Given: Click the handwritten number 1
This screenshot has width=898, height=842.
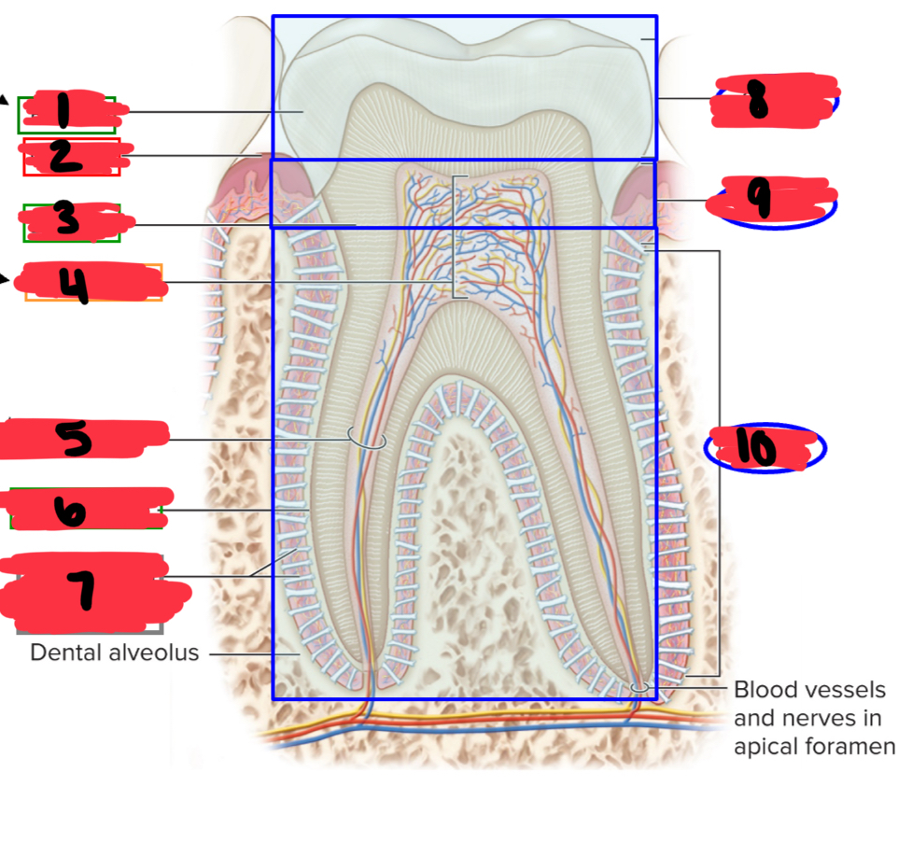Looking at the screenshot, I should click(63, 112).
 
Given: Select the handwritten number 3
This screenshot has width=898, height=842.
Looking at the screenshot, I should click(65, 221).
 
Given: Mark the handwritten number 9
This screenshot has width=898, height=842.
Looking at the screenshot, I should click(764, 199).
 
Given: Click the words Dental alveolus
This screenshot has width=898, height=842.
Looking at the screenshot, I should click(115, 653).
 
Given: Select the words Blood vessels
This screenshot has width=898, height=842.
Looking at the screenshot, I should click(808, 690).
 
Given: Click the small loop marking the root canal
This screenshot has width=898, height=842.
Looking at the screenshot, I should click(366, 438).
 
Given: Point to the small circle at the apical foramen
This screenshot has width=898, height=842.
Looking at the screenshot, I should click(640, 687).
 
